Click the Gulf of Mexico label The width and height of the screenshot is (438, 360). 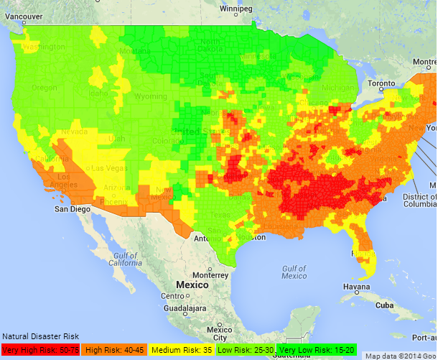294,272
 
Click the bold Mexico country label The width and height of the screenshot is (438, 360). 192,285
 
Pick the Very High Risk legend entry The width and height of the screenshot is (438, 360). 40,350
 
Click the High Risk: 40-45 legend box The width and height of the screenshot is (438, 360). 114,350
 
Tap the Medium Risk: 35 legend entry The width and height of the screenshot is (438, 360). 180,350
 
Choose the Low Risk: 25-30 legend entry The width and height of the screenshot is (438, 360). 245,350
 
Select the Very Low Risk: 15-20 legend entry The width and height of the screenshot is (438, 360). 317,350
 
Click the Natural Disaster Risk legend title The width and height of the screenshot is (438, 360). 40,336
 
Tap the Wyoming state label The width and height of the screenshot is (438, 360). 150,96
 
